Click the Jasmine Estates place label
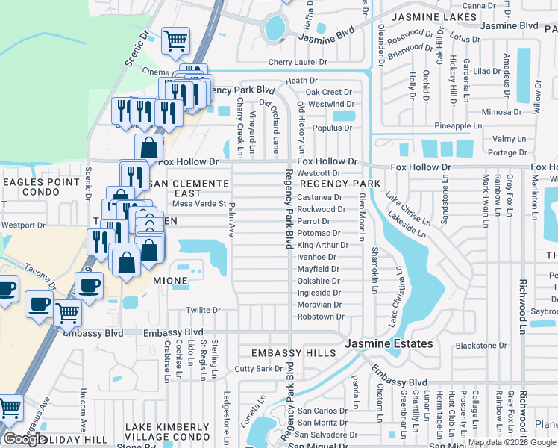tap(389, 343)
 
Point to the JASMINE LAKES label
tap(434, 16)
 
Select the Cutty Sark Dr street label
tap(258, 369)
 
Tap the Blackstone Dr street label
tap(481, 346)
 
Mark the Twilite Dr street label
tap(203, 310)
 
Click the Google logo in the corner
tap(25, 439)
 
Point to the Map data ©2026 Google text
tap(512, 442)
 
